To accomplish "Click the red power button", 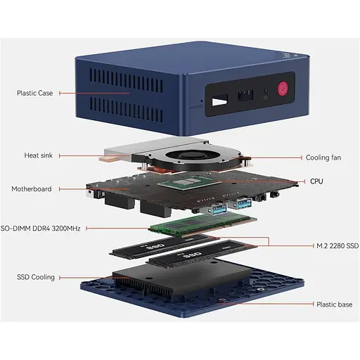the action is (283, 89).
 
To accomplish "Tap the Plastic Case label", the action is (34, 93).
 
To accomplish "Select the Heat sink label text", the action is (39, 155).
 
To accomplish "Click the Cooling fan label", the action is (323, 157).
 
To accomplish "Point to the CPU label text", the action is (316, 181).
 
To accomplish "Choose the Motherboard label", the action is (32, 189).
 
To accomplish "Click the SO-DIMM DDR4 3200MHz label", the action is (40, 229).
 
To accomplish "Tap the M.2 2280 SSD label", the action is (337, 245).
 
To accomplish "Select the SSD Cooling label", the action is (36, 277).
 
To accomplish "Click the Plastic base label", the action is (335, 304).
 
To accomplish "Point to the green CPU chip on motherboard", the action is (186, 182).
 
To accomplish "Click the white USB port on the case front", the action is (219, 101).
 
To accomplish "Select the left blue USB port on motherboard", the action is (219, 209).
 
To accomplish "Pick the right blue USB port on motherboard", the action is (243, 203).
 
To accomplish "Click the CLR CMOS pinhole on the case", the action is (201, 101).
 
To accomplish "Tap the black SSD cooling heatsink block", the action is (181, 279).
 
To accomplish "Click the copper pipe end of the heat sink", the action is (108, 159).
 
